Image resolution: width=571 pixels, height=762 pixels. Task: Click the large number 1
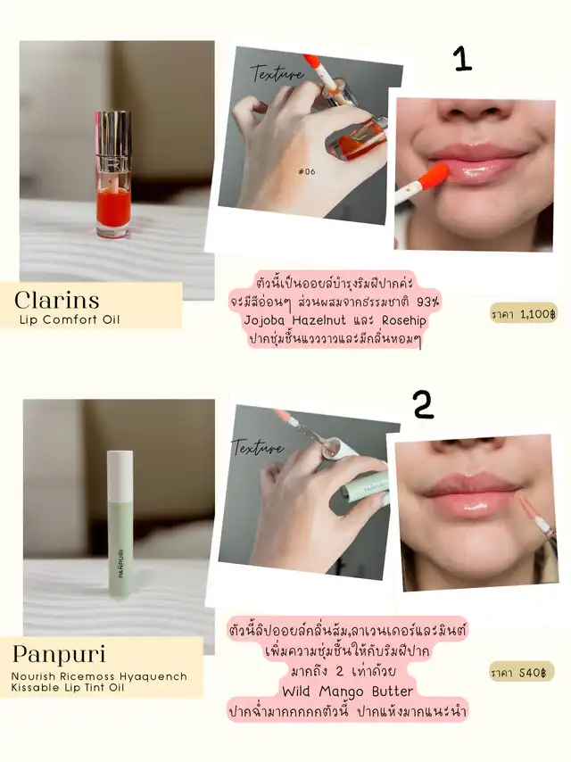coord(463,59)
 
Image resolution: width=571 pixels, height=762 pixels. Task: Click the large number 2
coord(423,404)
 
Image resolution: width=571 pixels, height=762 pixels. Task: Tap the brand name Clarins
coord(57,300)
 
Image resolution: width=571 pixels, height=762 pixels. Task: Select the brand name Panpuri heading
coord(59,654)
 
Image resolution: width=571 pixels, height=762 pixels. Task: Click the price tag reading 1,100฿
coord(524,314)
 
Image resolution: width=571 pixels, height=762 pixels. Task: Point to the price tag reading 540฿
coord(521,672)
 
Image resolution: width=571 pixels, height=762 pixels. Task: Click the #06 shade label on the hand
coord(307,171)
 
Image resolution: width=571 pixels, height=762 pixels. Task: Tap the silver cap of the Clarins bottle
coord(112,141)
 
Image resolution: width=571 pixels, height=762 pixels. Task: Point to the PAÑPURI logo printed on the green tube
coord(120,563)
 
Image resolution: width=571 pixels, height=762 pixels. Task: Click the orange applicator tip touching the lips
coord(433,176)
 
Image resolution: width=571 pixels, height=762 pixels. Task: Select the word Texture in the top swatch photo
coord(277,73)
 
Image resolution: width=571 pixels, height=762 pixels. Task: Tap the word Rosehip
coord(404,320)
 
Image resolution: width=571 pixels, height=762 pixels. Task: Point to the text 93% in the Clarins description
coord(428,302)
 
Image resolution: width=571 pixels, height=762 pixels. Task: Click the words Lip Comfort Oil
coord(70,319)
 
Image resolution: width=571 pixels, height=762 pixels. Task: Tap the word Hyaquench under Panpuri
coord(153,676)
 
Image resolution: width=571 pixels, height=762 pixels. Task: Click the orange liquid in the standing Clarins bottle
coord(113,209)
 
